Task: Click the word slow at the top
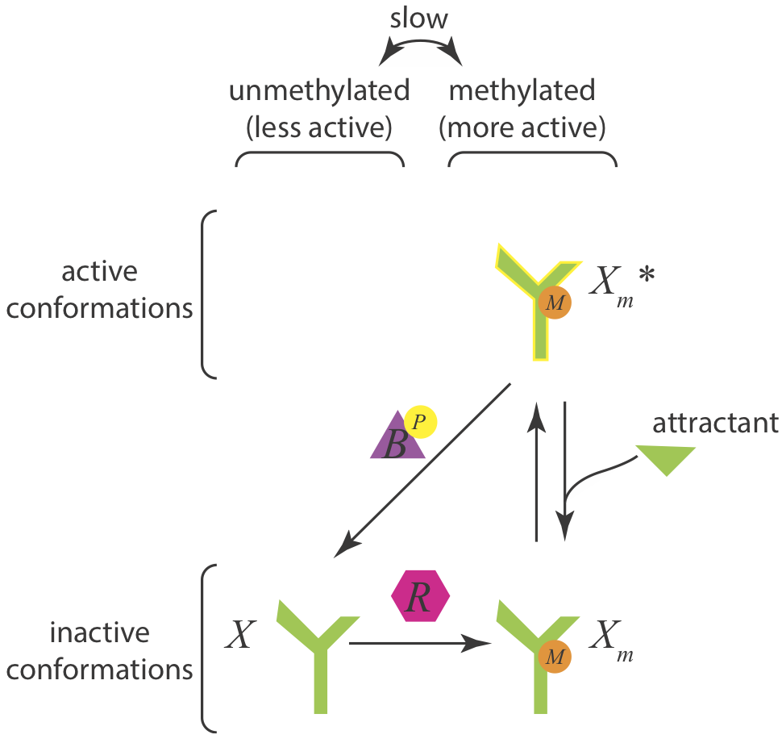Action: tap(418, 19)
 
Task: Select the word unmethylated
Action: tap(319, 91)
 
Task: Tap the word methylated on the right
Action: tap(522, 90)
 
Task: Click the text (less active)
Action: tap(319, 127)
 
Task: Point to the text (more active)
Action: tap(522, 127)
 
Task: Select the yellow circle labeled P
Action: tap(420, 422)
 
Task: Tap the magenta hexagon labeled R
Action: tap(420, 596)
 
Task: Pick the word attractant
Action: tap(715, 424)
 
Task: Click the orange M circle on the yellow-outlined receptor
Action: tap(555, 303)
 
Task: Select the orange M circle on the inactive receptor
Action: tap(555, 657)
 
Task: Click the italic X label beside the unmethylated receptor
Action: tap(240, 635)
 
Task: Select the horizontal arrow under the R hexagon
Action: tap(420, 643)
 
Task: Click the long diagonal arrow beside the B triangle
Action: tap(422, 470)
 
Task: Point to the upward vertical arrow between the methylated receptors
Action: tap(537, 471)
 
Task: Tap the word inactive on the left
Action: tap(100, 632)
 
